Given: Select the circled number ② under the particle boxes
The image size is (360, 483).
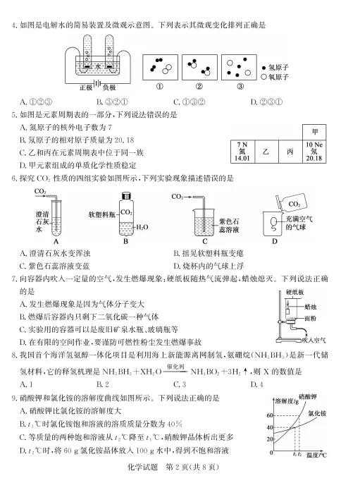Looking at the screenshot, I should (199, 87).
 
